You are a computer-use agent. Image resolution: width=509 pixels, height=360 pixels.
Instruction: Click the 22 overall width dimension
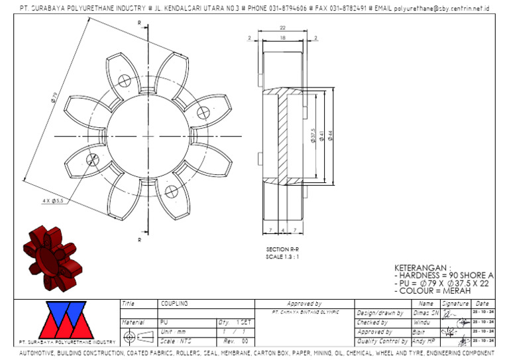(282, 28)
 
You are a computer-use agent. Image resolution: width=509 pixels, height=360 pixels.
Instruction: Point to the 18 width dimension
(282, 39)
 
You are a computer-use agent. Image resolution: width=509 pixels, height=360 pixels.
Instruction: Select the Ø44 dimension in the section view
(329, 135)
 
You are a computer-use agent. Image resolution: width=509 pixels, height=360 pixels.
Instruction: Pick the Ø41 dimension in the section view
(321, 135)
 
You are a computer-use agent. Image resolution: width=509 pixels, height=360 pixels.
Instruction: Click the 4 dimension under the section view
(283, 230)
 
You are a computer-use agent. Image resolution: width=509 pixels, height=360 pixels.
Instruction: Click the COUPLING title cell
(175, 303)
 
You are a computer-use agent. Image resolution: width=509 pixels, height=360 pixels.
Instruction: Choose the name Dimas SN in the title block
(426, 312)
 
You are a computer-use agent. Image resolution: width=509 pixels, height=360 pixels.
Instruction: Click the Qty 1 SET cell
(235, 322)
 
